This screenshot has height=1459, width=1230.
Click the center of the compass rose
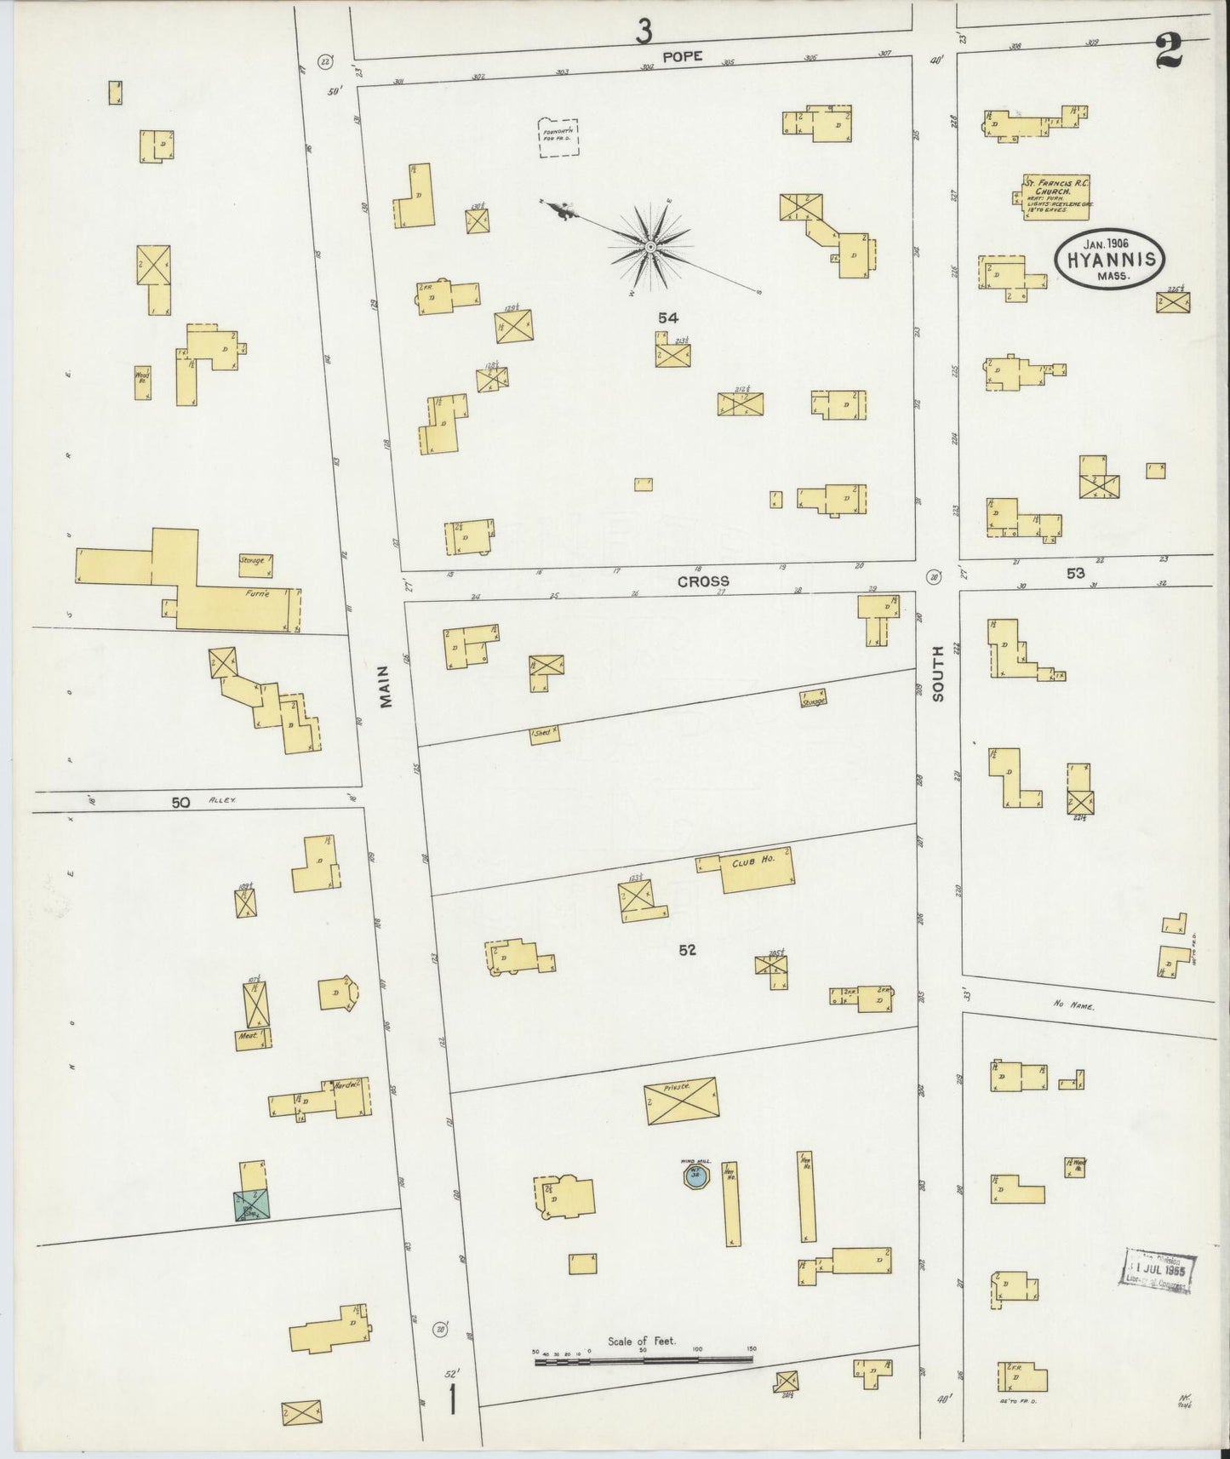(x=649, y=247)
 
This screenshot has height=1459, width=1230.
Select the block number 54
(x=667, y=318)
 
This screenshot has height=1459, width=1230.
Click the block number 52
(x=687, y=950)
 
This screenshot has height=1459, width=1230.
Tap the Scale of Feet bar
(x=644, y=1361)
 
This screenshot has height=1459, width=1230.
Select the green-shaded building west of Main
(x=252, y=1204)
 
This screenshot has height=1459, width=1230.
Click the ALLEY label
(x=224, y=801)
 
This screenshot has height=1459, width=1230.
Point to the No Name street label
(x=1072, y=1004)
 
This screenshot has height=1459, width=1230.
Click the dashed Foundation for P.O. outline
(x=559, y=137)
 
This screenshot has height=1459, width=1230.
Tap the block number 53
(x=1076, y=573)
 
